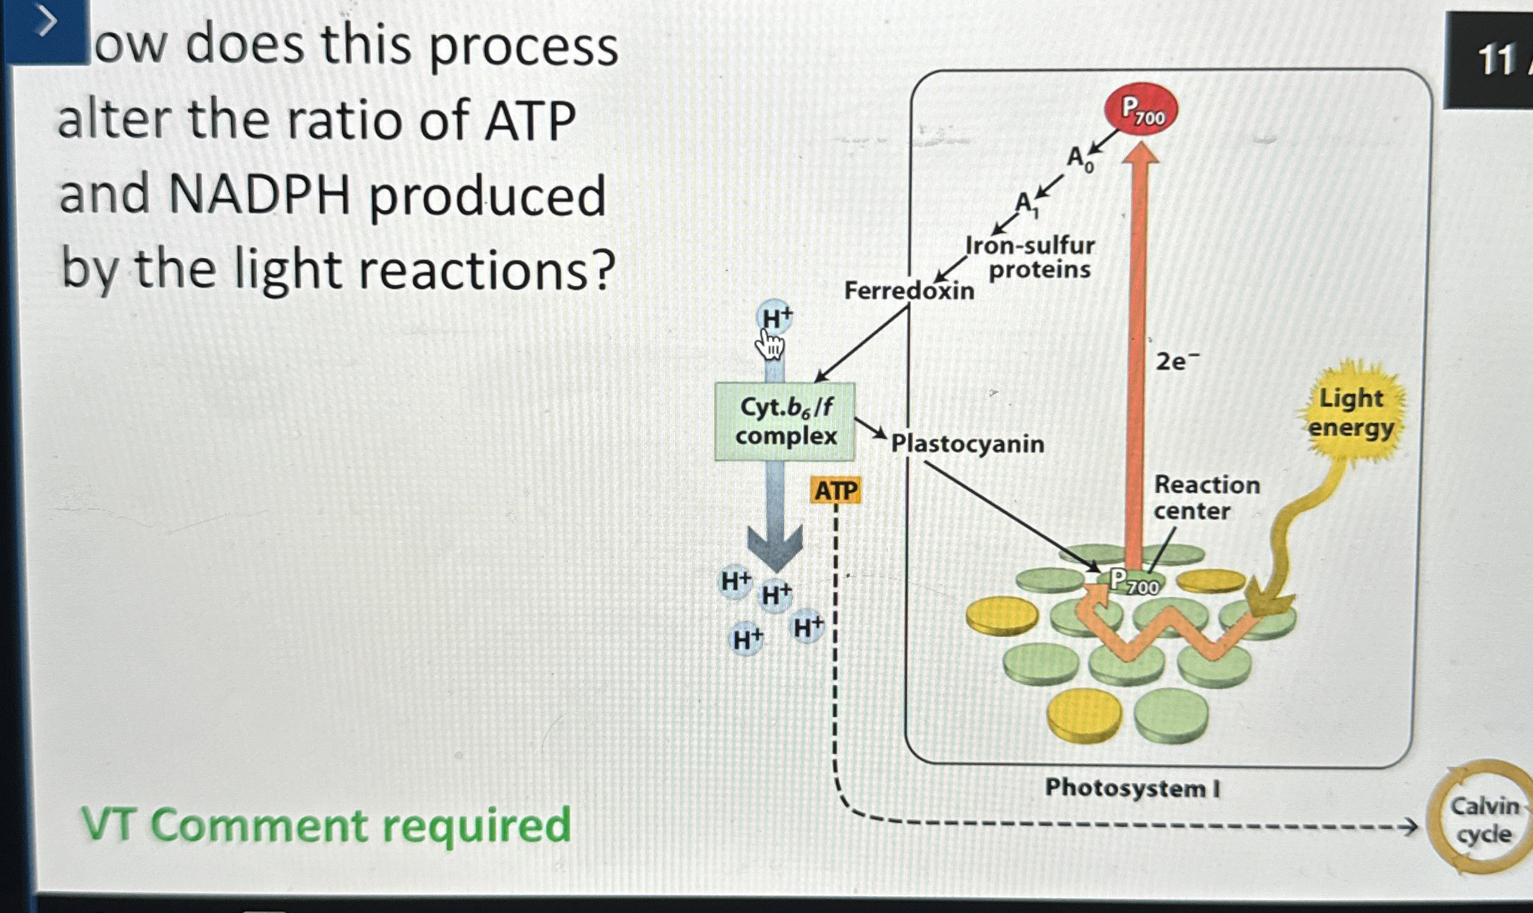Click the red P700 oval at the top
pyautogui.click(x=1141, y=112)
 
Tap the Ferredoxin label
pyautogui.click(x=909, y=290)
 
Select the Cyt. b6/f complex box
pyautogui.click(x=785, y=422)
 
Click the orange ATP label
pyautogui.click(x=836, y=491)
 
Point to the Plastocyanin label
pyautogui.click(x=967, y=444)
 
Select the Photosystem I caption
pyautogui.click(x=1132, y=788)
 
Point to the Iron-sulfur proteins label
pyautogui.click(x=1035, y=257)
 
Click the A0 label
pyautogui.click(x=1079, y=159)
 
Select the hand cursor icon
pyautogui.click(x=770, y=345)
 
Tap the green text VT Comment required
pyautogui.click(x=326, y=825)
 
